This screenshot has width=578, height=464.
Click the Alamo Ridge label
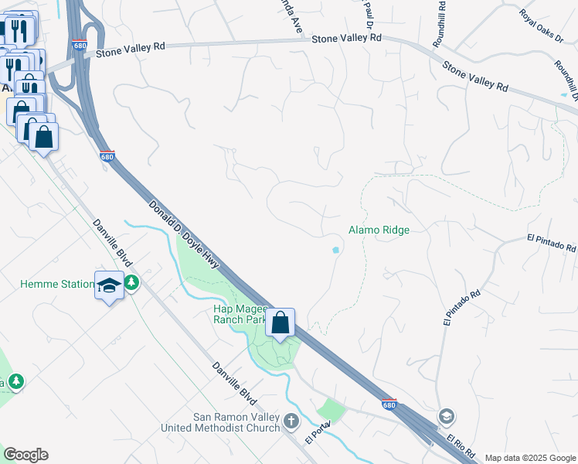point(378,230)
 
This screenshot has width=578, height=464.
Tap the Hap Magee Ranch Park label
point(240,313)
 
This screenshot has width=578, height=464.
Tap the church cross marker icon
point(291,421)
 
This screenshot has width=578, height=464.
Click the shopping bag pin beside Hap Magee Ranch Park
point(280,322)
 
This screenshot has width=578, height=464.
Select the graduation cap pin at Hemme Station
point(109,285)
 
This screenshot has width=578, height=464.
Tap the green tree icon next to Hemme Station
point(132,284)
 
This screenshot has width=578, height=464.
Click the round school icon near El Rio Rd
point(446,417)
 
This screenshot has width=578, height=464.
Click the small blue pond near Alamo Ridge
point(335,250)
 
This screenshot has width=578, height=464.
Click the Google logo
point(25,455)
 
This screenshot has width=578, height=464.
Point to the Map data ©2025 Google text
point(529,458)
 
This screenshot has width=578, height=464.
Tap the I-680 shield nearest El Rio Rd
point(390,404)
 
